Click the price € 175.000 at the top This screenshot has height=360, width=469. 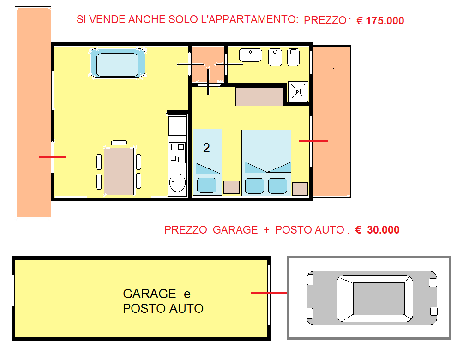(380, 21)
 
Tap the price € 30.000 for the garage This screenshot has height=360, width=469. (377, 230)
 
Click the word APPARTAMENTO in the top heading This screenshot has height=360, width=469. (250, 19)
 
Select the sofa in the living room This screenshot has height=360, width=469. (118, 63)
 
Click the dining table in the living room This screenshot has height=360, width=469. (119, 171)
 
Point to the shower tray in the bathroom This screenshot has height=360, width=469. (298, 91)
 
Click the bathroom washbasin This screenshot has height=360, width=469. (251, 55)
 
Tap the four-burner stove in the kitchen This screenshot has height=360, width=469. (177, 153)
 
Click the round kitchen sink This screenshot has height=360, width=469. (177, 182)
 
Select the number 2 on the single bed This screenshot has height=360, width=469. (206, 148)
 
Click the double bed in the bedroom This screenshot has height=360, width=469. (266, 162)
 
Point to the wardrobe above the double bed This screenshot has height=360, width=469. (259, 96)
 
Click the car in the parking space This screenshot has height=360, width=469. (372, 298)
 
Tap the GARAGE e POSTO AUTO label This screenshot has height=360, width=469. (163, 301)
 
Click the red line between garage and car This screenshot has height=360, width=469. (269, 293)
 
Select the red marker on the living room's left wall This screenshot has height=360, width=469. (52, 157)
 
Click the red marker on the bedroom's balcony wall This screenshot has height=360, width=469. (313, 141)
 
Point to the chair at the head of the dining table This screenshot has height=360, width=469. (119, 143)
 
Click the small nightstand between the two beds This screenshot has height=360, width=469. (232, 187)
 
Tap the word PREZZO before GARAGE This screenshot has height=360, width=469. (186, 230)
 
